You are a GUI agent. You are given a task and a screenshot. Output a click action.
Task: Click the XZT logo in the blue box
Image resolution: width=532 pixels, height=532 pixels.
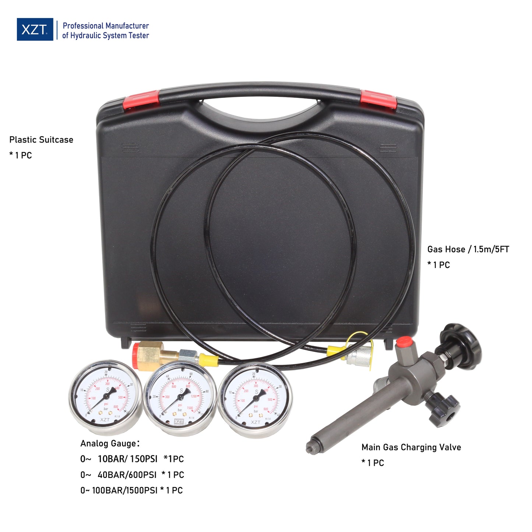tap(35, 29)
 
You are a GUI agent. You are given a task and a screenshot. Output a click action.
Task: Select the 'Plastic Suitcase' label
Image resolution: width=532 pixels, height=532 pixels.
tap(41, 140)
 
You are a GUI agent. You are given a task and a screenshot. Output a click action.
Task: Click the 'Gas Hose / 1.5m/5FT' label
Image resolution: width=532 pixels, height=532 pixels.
tap(468, 250)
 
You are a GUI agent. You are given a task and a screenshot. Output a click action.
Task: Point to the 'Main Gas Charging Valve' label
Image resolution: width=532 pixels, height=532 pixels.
tap(411, 447)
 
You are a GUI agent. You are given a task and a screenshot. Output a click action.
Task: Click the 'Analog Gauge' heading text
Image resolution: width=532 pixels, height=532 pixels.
tap(110, 444)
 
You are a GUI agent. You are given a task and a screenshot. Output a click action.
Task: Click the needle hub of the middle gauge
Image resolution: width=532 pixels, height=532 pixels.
tap(180, 397)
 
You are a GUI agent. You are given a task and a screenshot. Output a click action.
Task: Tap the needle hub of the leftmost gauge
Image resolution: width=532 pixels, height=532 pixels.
tap(106, 396)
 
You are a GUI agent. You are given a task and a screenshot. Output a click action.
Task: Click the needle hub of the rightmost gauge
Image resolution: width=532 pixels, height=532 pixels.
tap(256, 397)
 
